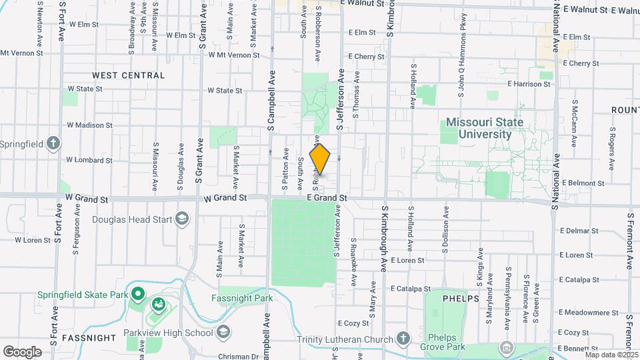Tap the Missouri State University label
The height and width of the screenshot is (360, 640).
coord(484,128)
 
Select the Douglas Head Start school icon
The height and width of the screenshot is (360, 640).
coord(181,219)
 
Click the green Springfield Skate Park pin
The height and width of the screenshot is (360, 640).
coord(138,293)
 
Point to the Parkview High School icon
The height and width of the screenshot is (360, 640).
coord(224,331)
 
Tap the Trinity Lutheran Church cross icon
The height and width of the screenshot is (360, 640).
coord(403,339)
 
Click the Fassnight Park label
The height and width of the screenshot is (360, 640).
coord(243,298)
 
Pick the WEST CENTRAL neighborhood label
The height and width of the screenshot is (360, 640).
coord(129,75)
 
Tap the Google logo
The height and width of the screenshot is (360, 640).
coord(22,351)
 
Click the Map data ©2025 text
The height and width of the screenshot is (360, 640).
coord(611,355)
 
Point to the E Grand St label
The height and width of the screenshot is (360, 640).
coord(327,198)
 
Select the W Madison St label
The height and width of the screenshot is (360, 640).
coord(89,125)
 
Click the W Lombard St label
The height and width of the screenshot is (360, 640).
coord(89,160)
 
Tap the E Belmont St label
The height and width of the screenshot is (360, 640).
coord(583,183)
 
